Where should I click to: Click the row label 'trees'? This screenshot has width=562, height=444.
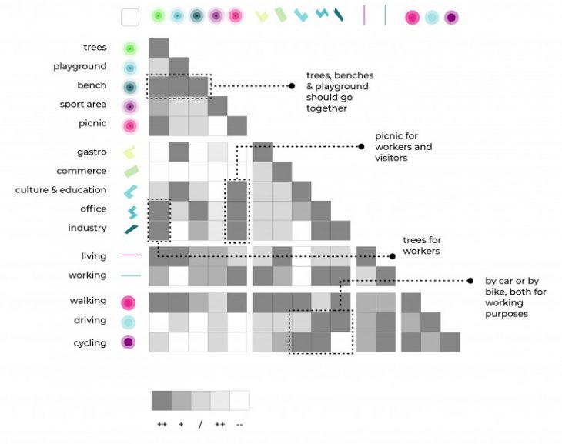(x=95, y=48)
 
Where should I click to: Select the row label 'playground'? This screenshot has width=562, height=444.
(x=80, y=67)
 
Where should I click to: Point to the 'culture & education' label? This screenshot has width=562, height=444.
(x=61, y=190)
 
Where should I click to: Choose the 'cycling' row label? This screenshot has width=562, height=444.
(x=90, y=343)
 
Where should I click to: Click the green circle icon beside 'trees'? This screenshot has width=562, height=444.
(x=130, y=48)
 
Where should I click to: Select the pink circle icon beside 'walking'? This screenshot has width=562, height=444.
(x=130, y=302)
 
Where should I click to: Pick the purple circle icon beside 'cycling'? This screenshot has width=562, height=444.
(x=130, y=343)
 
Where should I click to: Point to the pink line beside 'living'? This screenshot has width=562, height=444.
(x=130, y=255)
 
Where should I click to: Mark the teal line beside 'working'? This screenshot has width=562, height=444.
(x=130, y=275)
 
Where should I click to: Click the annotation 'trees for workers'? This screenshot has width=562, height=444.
(x=421, y=245)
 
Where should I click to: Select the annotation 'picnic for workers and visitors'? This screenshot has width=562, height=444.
(x=403, y=147)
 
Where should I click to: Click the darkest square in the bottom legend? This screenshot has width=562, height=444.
(x=161, y=401)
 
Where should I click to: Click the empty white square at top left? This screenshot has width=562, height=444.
(x=130, y=17)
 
